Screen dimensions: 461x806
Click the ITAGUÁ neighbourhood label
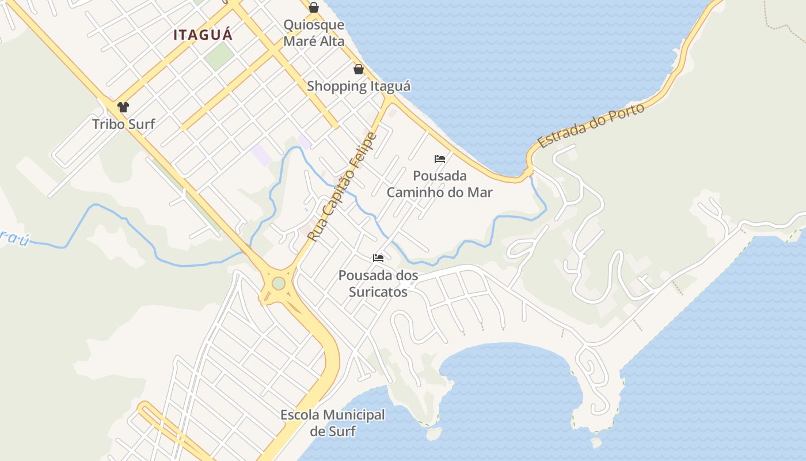[x=203, y=35]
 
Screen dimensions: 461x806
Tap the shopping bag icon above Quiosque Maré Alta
[x=314, y=7]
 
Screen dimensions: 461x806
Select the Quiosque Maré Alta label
[x=314, y=33]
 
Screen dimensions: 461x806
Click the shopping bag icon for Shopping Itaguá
[x=359, y=70]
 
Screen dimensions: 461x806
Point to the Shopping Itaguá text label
[x=359, y=86]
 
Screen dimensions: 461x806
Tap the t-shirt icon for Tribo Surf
[x=123, y=107]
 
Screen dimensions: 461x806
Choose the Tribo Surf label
[x=124, y=124]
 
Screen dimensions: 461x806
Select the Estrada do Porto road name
[x=591, y=126]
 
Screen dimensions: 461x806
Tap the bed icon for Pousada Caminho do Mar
[x=440, y=159]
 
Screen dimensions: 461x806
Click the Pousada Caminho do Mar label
[x=439, y=184]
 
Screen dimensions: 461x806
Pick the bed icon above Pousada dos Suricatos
[x=378, y=258]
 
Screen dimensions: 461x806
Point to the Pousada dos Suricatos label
[x=378, y=284]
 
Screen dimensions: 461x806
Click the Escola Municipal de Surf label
[x=333, y=423]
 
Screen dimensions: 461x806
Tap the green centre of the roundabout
[x=279, y=284]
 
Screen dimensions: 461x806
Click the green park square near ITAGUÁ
[x=219, y=56]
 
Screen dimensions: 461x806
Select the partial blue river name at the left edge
[x=14, y=238]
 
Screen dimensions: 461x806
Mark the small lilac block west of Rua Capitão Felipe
[x=261, y=155]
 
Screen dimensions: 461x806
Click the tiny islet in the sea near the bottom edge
[x=596, y=443]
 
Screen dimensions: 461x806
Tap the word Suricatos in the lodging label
[x=378, y=292]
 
